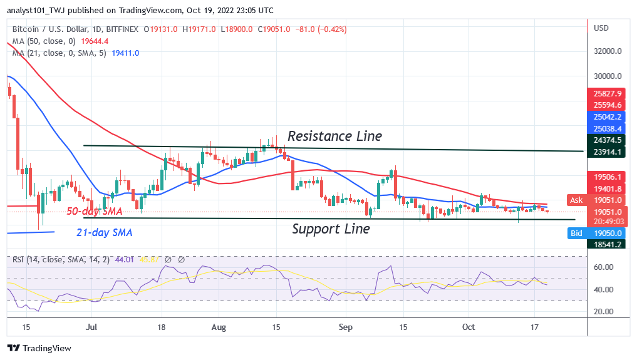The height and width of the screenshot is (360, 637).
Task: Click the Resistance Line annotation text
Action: coord(334,136)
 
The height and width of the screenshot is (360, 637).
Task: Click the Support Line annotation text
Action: coord(331,229)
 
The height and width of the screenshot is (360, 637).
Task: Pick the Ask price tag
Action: coord(576,200)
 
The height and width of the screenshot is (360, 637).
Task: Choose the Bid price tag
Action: coord(576,233)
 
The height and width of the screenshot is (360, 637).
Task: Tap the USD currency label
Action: coord(601,28)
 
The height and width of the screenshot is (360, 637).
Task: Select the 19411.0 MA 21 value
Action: coord(125,53)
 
